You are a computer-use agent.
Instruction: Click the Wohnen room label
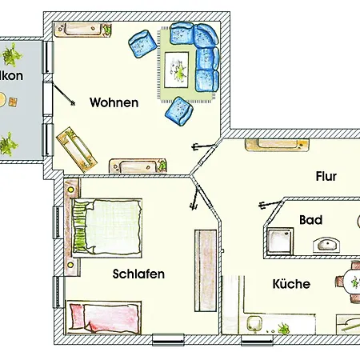[114, 102]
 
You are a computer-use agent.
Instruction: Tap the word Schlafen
[138, 274]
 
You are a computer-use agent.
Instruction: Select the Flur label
[326, 176]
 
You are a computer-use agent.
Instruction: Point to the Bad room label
[310, 219]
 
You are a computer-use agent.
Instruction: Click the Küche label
[291, 284]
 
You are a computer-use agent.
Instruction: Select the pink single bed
[105, 318]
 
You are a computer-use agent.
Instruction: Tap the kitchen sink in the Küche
[254, 324]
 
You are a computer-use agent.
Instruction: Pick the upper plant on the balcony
[12, 55]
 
